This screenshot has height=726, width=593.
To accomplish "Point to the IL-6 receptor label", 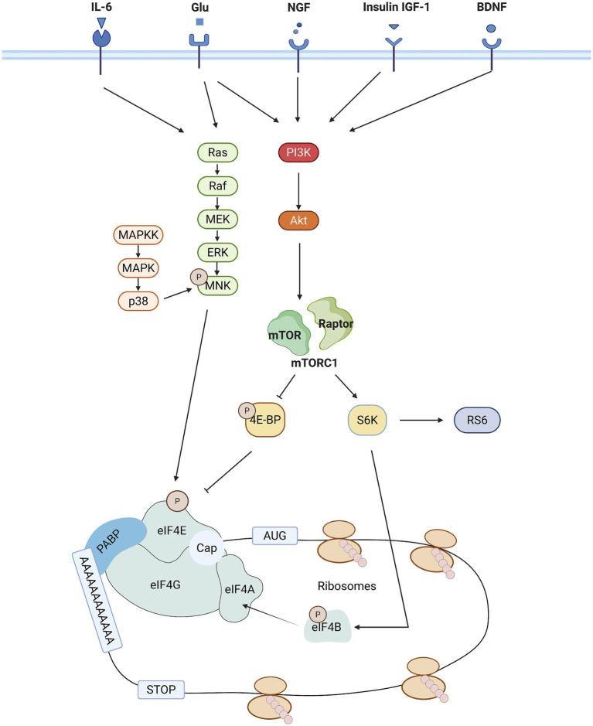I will tap(101, 9).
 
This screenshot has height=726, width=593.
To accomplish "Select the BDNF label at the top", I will tap(491, 9).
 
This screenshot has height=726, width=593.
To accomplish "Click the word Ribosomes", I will tap(346, 586).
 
